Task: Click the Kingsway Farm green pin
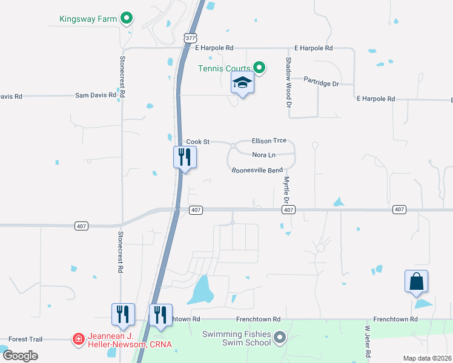coord(126,18)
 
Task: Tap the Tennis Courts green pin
coord(259,67)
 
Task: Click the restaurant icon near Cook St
coord(185,157)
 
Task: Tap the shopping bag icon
coord(416,282)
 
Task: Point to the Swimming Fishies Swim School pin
coord(279,337)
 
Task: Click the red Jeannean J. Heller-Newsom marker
coord(78,339)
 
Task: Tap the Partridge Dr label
coord(321,82)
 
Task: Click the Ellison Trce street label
coord(269,140)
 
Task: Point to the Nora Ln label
coord(264,155)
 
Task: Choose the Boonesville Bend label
coord(257,170)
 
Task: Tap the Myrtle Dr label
coord(286,188)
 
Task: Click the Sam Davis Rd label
coord(95,96)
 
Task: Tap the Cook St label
coord(197,142)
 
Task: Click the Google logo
coord(19,355)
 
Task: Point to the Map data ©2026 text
coord(427,358)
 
